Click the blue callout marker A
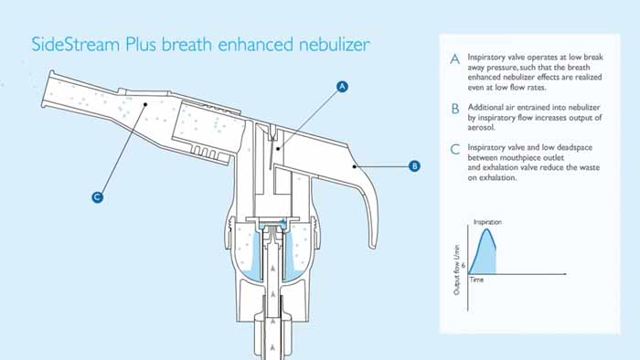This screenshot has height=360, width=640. (342, 87)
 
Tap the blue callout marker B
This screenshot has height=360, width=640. (414, 166)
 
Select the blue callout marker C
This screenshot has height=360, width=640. (97, 197)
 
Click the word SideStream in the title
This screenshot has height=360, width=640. (76, 44)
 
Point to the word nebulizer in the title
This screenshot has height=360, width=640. (335, 44)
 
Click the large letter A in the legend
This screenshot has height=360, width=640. (454, 59)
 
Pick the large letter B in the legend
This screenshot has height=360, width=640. (455, 109)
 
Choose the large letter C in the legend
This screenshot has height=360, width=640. (454, 149)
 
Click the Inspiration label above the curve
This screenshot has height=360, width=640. (487, 222)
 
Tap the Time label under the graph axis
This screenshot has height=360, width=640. (476, 280)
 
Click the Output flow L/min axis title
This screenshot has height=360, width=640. (457, 270)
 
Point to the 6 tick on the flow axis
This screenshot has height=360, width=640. (464, 265)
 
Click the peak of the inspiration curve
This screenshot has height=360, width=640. (486, 229)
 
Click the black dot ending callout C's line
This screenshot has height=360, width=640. (144, 104)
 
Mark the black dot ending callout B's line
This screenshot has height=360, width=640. (355, 166)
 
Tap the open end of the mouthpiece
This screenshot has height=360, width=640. (46, 89)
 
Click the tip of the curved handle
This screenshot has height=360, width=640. (372, 246)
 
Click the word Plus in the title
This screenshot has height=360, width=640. (141, 44)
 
